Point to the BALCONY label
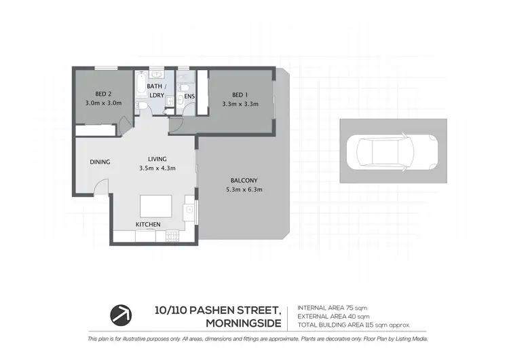[x=244, y=180]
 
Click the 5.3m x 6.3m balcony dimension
[x=244, y=190]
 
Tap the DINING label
[x=100, y=162]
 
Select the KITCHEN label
[x=148, y=224]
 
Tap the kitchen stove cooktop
[x=172, y=236]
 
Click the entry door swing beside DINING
[x=100, y=187]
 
